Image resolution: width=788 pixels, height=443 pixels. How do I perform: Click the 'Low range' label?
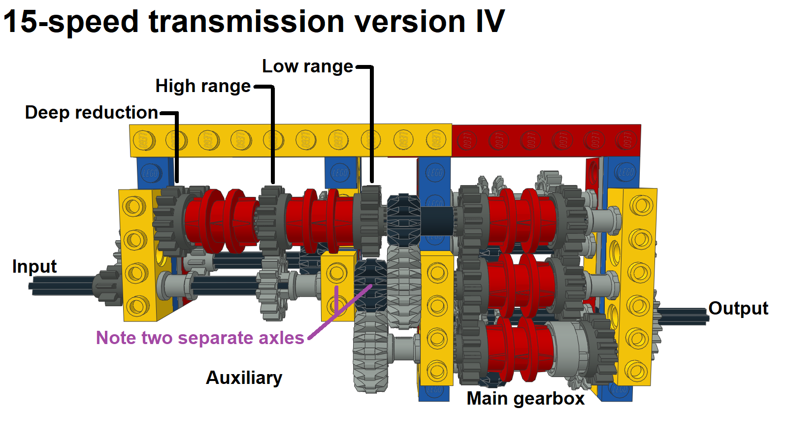pos(307,66)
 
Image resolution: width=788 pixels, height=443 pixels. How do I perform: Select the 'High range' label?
pos(203,86)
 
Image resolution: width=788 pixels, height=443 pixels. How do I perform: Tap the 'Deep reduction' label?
pos(91,113)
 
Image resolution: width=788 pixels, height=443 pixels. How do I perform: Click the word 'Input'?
pos(34,267)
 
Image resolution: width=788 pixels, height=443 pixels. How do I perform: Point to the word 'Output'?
pos(738,309)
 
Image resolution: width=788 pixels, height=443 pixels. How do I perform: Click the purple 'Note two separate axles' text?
pos(200,338)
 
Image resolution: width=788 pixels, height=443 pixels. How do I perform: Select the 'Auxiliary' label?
pos(244,378)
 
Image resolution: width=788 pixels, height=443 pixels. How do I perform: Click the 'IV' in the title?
pos(490,22)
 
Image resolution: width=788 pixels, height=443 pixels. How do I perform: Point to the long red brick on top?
pos(546,141)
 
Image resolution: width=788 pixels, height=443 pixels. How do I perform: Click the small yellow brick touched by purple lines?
pos(338,285)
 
